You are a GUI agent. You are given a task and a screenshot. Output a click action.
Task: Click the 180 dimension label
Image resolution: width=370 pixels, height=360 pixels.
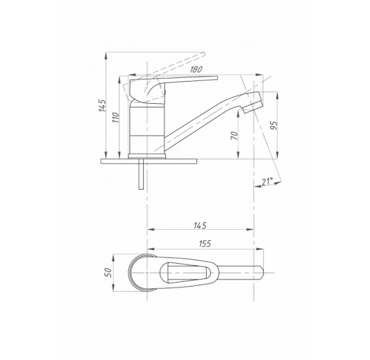tap(196, 69)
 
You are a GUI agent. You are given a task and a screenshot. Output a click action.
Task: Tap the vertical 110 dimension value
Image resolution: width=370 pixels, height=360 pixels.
tap(116, 117)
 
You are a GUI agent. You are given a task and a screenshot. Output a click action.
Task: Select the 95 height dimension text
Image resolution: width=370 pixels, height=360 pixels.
tap(273, 125)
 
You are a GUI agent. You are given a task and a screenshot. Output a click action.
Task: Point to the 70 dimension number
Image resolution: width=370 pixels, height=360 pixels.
tap(234, 135)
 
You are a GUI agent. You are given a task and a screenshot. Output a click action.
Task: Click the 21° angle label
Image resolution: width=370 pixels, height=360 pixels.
tap(267, 181)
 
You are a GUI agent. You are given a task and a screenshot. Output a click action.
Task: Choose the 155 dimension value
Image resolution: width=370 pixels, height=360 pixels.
tap(205, 243)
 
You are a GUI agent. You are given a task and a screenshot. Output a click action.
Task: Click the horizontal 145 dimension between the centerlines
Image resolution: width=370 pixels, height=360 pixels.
tap(200, 225)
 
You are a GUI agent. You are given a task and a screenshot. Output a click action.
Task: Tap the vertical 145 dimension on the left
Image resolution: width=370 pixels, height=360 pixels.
tap(102, 106)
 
